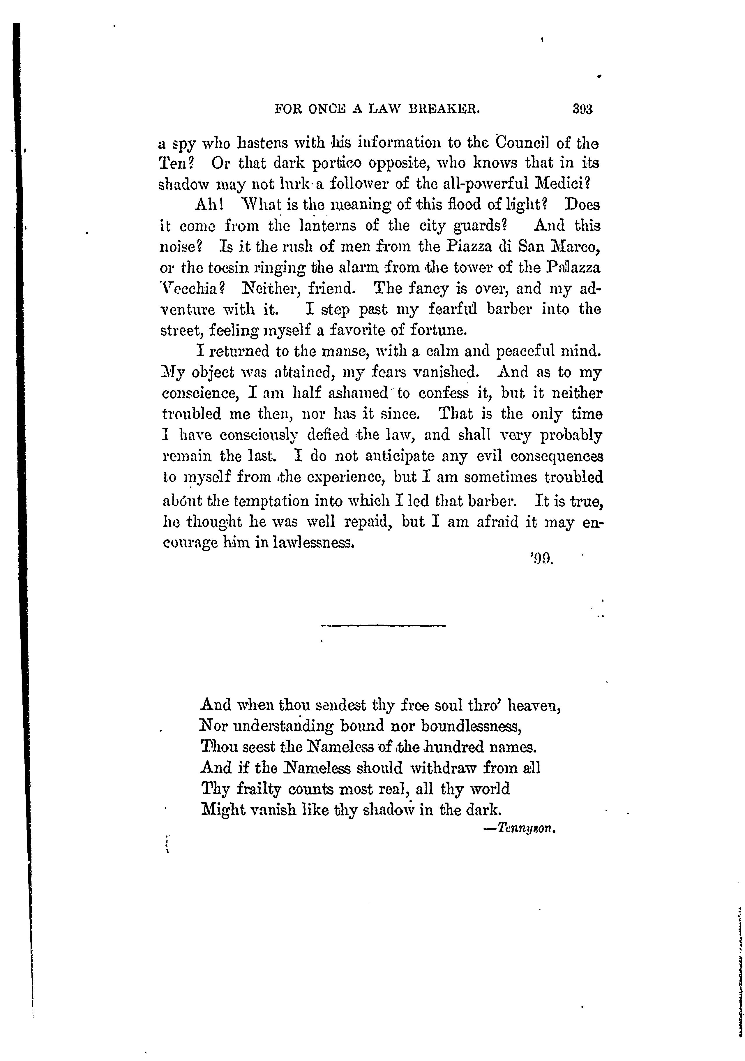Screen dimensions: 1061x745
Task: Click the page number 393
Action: (x=582, y=110)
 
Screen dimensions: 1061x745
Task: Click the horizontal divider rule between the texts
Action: (x=383, y=626)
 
